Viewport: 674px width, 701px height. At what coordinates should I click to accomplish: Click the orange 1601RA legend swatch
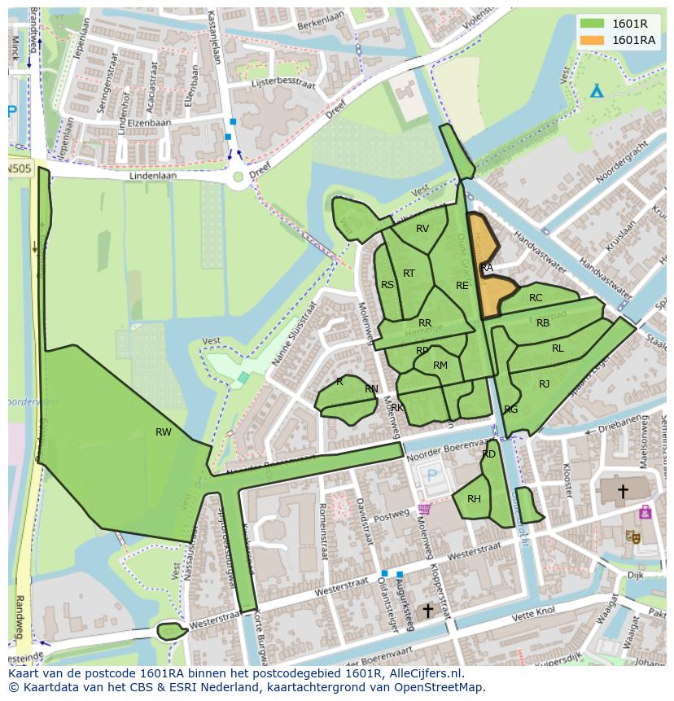[x=593, y=40]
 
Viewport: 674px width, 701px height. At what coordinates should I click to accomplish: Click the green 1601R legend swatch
[x=593, y=24]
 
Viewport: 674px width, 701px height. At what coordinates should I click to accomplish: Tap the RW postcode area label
[x=164, y=432]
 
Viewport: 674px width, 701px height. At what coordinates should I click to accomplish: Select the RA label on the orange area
[x=487, y=268]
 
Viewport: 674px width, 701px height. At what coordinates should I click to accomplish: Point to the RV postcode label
[x=422, y=229]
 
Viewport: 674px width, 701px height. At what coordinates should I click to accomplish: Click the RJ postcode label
[x=544, y=384]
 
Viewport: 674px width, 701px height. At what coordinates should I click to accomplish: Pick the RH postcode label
[x=474, y=499]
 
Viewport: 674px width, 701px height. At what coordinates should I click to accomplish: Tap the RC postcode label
[x=536, y=298]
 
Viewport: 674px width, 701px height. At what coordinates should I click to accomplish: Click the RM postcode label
[x=440, y=366]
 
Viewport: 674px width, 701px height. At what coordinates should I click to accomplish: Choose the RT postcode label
[x=409, y=274]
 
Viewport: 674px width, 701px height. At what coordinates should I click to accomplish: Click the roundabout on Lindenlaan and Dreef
[x=238, y=176]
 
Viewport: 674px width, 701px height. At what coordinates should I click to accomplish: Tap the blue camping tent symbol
[x=597, y=90]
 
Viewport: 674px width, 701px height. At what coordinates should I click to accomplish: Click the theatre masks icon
[x=632, y=536]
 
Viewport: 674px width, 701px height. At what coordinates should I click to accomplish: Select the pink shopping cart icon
[x=424, y=509]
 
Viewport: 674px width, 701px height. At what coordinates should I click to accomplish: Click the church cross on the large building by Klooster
[x=623, y=491]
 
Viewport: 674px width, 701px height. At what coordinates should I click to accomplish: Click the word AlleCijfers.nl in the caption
[x=425, y=673]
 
